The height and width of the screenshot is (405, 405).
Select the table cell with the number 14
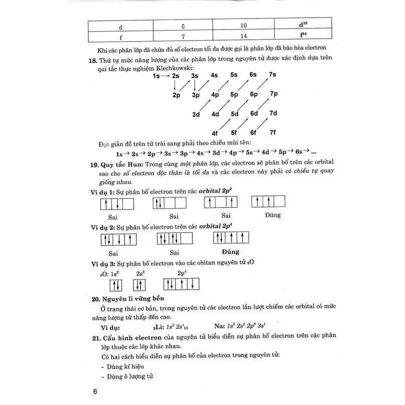(243, 37)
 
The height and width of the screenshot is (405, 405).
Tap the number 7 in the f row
(182, 37)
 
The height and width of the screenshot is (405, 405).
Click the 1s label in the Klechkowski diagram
(157, 76)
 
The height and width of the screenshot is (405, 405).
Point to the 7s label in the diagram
(273, 75)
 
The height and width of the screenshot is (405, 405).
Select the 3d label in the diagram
(196, 114)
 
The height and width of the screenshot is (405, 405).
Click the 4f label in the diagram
(215, 133)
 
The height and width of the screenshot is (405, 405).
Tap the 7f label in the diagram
(273, 132)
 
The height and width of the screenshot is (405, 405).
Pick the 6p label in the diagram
(253, 94)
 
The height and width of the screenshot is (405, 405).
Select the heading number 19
(93, 164)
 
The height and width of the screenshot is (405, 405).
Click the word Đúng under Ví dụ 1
(273, 215)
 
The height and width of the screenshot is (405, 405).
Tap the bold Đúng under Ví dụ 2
(230, 252)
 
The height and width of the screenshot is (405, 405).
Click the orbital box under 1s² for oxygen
(115, 285)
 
